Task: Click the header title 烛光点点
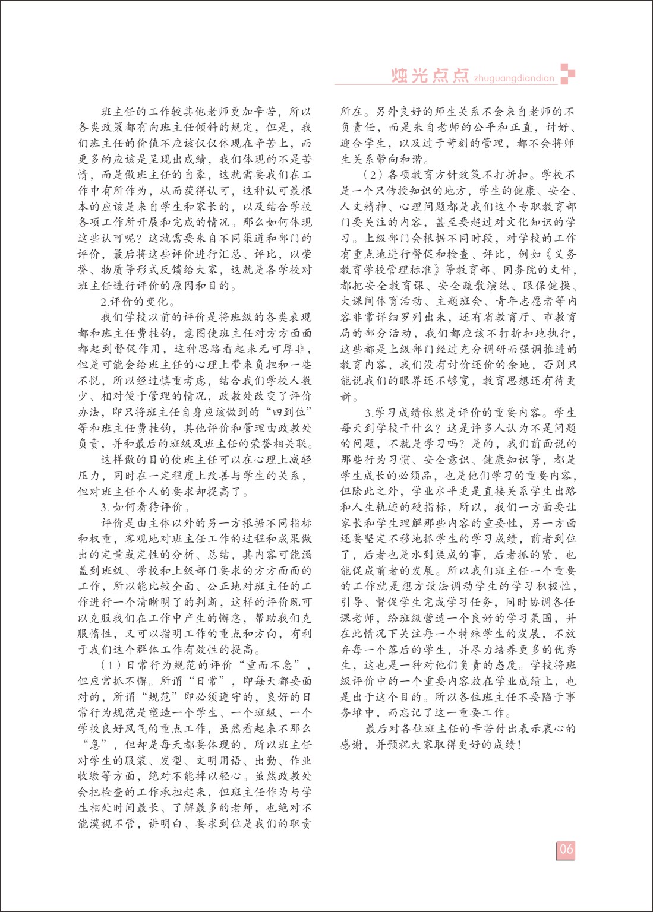tap(430, 75)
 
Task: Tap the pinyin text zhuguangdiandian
tap(514, 78)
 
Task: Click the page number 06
tap(566, 849)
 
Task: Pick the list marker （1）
tap(112, 666)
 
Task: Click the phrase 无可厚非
tap(287, 349)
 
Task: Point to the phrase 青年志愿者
tap(521, 302)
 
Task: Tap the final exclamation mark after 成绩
tap(520, 745)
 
